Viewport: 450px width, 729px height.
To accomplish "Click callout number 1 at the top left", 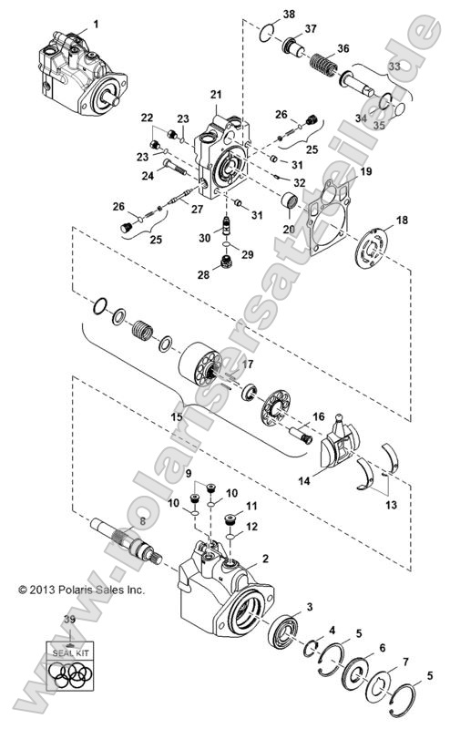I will [97, 20].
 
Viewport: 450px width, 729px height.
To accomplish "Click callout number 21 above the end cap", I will [216, 95].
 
